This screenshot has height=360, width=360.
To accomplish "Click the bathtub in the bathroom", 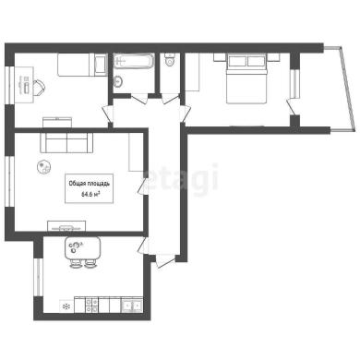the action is (x=134, y=61).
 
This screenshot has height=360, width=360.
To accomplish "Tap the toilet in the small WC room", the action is (x=170, y=60).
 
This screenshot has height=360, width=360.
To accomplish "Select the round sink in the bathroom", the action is (x=118, y=81).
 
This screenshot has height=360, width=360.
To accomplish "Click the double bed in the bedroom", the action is (x=246, y=78).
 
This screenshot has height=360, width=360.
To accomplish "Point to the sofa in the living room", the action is (x=66, y=142).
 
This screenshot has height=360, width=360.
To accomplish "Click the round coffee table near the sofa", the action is (x=43, y=167).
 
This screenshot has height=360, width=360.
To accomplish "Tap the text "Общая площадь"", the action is (x=89, y=184).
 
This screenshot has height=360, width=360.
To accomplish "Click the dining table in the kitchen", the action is (x=83, y=248).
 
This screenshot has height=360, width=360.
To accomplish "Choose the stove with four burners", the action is (x=91, y=305).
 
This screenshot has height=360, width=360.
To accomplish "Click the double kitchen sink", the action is (x=132, y=306).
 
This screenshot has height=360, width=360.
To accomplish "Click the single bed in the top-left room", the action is (x=82, y=65).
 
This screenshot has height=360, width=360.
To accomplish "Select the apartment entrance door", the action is (x=165, y=261).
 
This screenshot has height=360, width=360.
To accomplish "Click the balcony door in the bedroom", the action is (x=291, y=107).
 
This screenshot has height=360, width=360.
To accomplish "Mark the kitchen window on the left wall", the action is (x=38, y=277).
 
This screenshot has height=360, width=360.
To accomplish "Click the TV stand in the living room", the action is (x=66, y=226).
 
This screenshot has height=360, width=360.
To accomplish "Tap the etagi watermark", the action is (x=181, y=179).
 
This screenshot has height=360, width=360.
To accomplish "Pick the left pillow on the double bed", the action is (x=237, y=61).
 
